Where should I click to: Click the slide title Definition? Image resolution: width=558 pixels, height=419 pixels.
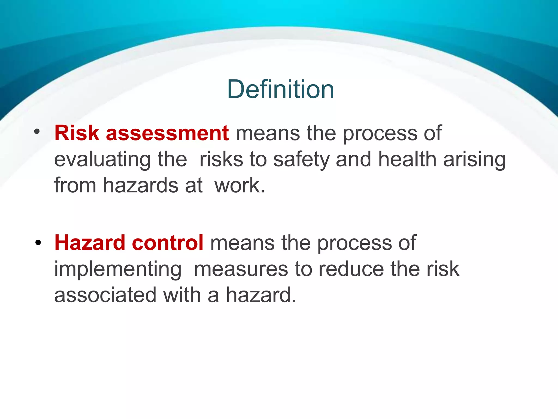pyautogui.click(x=280, y=89)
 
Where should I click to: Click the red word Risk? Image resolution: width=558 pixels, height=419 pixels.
pyautogui.click(x=77, y=133)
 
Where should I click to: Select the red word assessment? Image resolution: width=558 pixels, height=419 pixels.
pyautogui.click(x=167, y=133)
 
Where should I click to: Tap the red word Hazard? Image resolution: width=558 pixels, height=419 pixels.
pyautogui.click(x=90, y=243)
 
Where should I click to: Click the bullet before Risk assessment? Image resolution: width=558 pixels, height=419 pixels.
pyautogui.click(x=37, y=132)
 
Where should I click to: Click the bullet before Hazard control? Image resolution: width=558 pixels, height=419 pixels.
pyautogui.click(x=38, y=242)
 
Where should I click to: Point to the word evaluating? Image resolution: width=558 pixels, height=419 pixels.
pyautogui.click(x=102, y=160)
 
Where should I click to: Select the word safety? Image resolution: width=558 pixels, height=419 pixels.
pyautogui.click(x=301, y=160)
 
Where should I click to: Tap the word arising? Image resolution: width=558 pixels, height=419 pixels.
pyautogui.click(x=474, y=160)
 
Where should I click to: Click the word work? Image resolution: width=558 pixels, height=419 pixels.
pyautogui.click(x=239, y=185)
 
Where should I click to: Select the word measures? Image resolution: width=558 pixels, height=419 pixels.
pyautogui.click(x=241, y=269)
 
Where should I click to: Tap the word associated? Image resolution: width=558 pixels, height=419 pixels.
pyautogui.click(x=105, y=295)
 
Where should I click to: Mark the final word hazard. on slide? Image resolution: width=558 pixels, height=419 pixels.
pyautogui.click(x=261, y=295)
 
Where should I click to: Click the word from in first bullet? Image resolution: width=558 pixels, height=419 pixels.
pyautogui.click(x=75, y=185)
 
